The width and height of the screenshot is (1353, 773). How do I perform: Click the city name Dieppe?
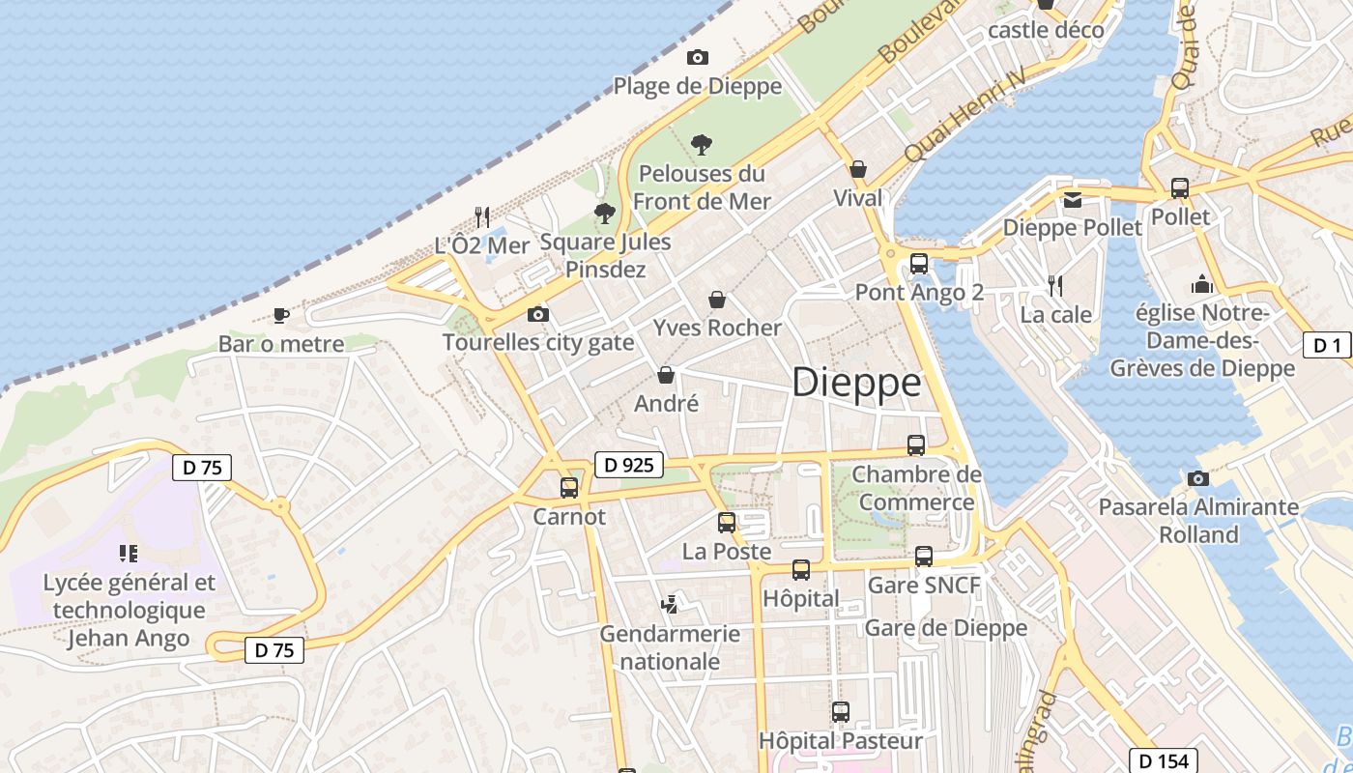tap(856, 383)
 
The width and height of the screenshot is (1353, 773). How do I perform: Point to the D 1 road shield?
tap(1327, 345)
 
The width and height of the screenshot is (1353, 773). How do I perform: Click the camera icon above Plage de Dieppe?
tap(697, 58)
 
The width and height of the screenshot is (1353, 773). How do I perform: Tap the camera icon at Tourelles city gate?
tap(538, 314)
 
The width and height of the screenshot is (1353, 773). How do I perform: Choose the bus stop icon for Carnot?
tap(569, 488)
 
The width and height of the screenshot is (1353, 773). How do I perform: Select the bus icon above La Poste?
tap(727, 523)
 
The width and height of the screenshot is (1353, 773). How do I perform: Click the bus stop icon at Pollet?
tap(1180, 188)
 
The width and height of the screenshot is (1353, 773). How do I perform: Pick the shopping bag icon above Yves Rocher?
tap(717, 300)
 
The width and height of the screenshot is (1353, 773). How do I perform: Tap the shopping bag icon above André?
tap(666, 375)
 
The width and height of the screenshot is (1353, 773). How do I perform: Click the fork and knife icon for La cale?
tap(1055, 286)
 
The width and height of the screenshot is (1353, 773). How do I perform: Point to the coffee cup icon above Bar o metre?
tap(280, 315)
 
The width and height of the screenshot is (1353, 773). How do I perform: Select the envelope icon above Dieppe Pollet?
tap(1073, 200)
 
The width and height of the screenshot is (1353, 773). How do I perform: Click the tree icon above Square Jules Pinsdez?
tap(605, 213)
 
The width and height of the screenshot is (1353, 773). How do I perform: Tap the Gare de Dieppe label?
tap(945, 628)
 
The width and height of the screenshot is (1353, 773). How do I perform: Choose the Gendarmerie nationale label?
tap(670, 647)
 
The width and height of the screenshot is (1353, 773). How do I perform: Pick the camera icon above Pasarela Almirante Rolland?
tap(1198, 478)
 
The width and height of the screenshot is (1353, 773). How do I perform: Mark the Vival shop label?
tap(858, 198)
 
